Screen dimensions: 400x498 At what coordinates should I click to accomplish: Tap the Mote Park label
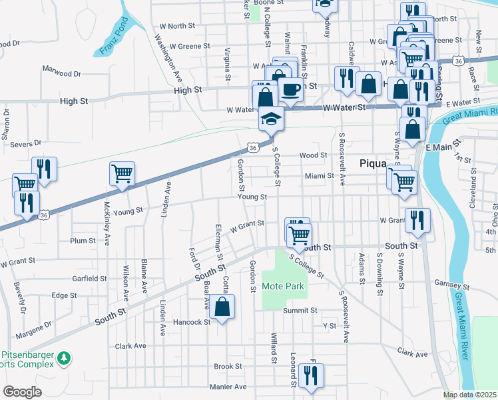[282, 286]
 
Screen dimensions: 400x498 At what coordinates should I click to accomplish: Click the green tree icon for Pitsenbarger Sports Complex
[65, 359]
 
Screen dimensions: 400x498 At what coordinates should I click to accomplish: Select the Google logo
[22, 392]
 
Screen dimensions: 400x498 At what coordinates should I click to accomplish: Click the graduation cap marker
[271, 119]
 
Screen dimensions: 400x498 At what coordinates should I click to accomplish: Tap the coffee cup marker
[290, 89]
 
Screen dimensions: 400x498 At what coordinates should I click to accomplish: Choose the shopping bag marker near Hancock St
[223, 307]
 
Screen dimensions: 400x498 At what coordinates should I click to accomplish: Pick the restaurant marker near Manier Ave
[311, 377]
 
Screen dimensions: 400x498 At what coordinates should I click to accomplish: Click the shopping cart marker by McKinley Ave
[123, 174]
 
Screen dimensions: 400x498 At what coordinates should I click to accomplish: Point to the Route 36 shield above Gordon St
[252, 146]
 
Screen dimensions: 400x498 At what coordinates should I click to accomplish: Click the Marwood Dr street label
[61, 69]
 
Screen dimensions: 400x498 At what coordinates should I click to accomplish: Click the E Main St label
[439, 147]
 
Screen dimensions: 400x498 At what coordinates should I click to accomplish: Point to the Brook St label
[228, 367]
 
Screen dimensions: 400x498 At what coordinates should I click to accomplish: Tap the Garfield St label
[89, 278]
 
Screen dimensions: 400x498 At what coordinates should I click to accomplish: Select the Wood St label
[313, 155]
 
